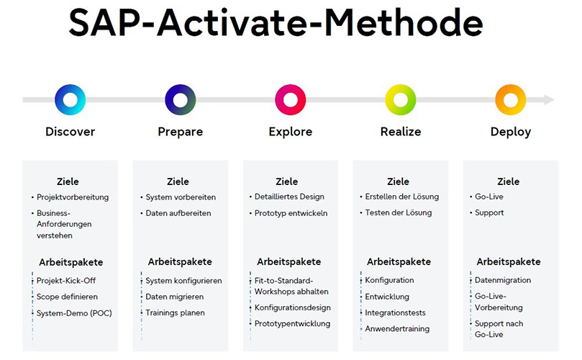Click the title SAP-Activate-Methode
click(x=276, y=24)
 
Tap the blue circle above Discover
click(x=70, y=99)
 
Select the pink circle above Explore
click(x=290, y=99)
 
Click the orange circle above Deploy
click(x=510, y=99)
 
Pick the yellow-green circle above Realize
click(x=400, y=99)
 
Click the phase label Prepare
click(x=180, y=132)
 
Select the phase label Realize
click(x=400, y=132)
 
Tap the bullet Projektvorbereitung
click(x=72, y=197)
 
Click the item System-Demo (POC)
click(x=74, y=313)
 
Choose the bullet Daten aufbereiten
click(x=178, y=213)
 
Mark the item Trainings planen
click(x=175, y=313)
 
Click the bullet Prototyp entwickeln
click(x=291, y=213)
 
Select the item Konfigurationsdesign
click(x=292, y=307)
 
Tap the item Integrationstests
click(x=395, y=313)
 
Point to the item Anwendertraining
click(x=397, y=329)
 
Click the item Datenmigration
click(x=503, y=280)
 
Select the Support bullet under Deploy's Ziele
click(x=489, y=213)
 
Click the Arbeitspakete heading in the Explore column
click(x=289, y=261)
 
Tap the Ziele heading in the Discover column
click(x=68, y=181)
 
